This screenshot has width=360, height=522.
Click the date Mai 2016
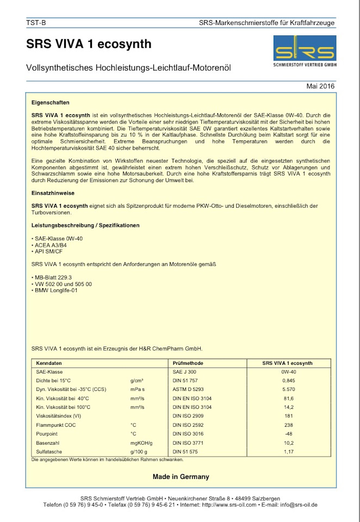(320, 86)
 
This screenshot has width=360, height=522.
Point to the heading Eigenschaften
(51, 102)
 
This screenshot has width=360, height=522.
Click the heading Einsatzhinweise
(53, 193)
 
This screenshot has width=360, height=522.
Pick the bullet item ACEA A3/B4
(49, 245)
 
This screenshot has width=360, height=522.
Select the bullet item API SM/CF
(48, 252)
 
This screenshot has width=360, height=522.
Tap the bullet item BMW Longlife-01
(56, 290)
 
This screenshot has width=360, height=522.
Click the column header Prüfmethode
(188, 363)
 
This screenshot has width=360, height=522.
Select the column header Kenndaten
(49, 363)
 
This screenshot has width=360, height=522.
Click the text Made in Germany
(181, 477)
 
